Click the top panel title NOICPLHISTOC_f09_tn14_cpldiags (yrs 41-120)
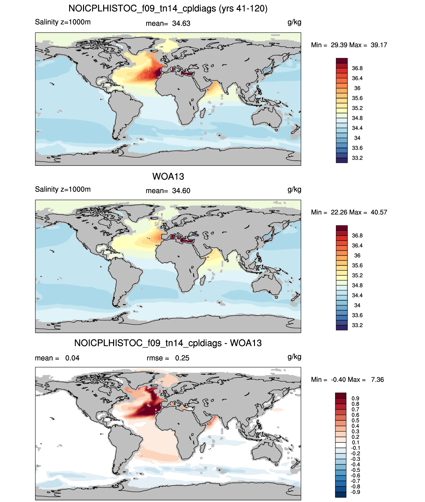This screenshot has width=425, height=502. point(168,9)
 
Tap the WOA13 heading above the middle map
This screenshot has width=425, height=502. point(168,176)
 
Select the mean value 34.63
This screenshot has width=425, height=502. point(181,23)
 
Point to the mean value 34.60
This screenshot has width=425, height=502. point(181,191)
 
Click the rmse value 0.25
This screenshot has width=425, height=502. point(182,358)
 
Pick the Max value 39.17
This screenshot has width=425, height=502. point(379,45)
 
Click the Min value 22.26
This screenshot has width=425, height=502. point(339,212)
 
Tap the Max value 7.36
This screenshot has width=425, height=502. point(377,380)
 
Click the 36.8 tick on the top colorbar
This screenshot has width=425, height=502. point(357,68)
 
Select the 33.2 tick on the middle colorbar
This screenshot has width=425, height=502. point(357,325)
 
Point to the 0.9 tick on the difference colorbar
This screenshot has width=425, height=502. point(355,399)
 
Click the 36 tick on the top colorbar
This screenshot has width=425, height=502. point(357,88)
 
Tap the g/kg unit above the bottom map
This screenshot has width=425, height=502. point(294,357)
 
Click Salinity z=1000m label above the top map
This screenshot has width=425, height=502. point(63,22)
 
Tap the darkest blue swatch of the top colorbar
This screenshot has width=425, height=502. point(342,160)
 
